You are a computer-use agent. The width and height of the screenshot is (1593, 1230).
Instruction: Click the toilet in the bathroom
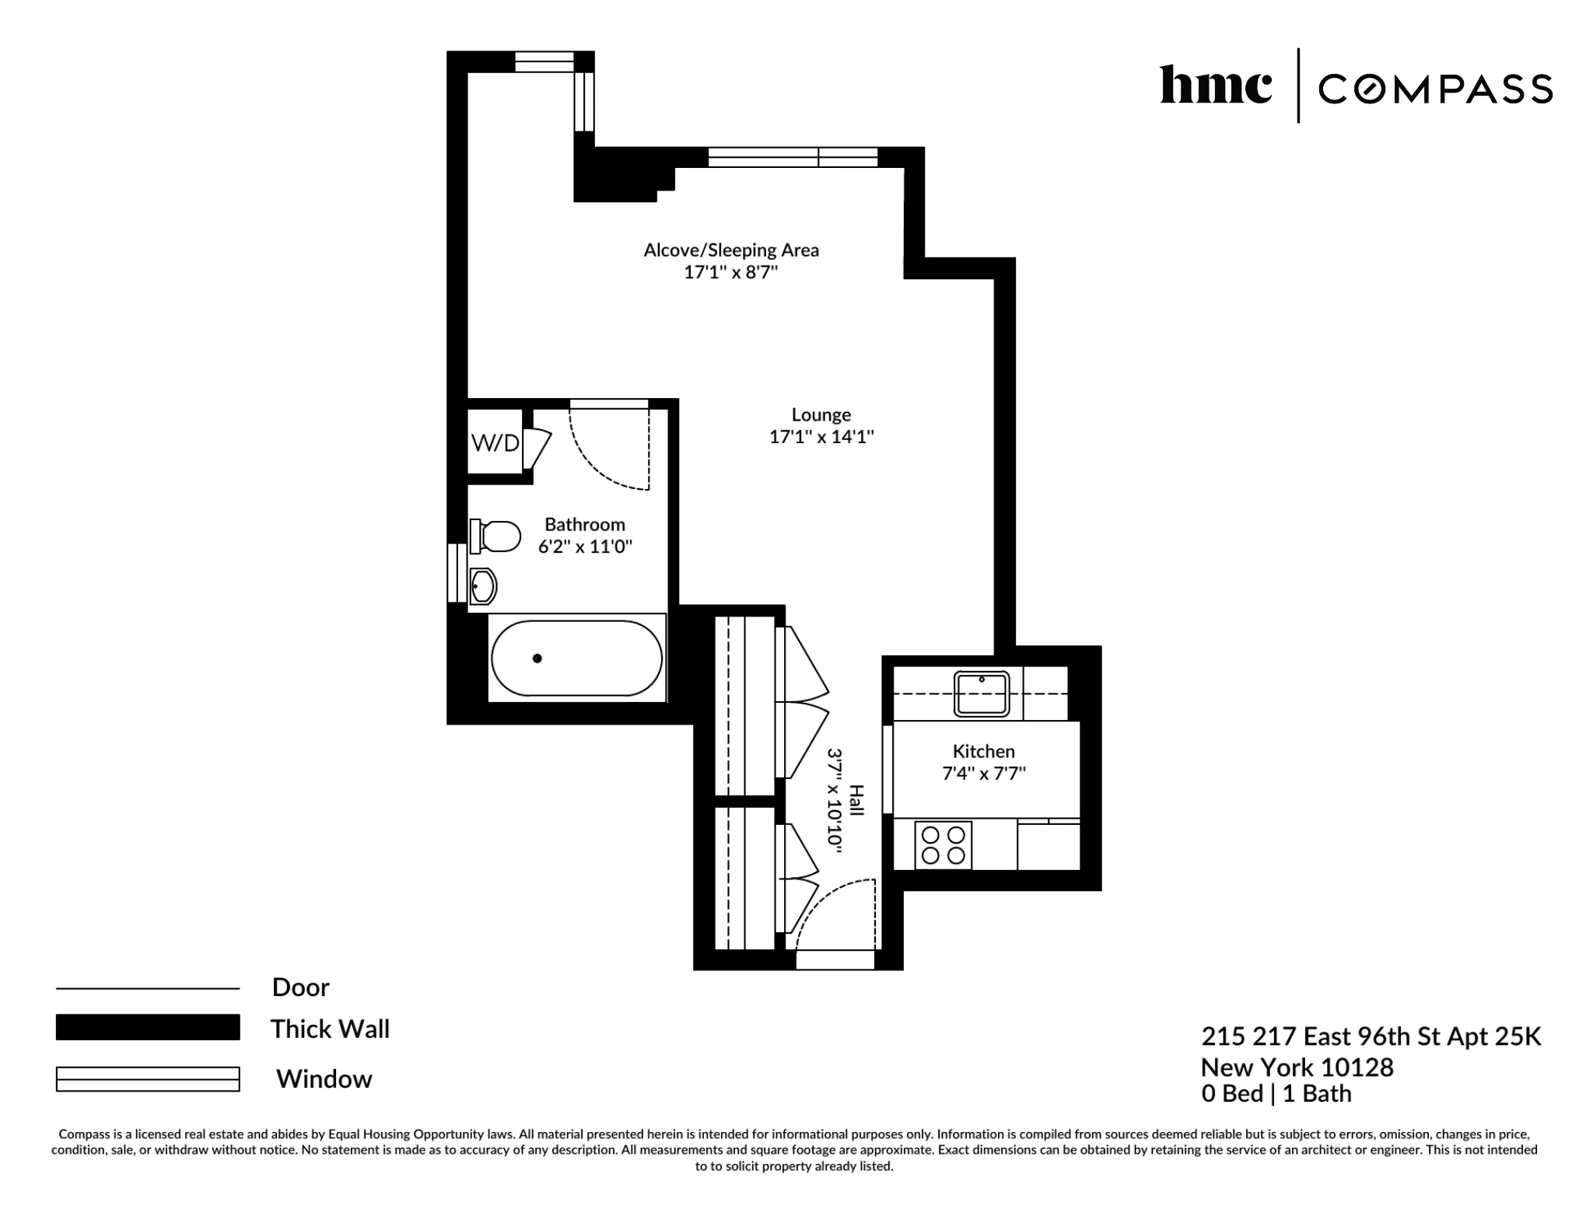[x=496, y=536]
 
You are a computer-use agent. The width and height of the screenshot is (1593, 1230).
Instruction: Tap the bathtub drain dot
[x=537, y=659]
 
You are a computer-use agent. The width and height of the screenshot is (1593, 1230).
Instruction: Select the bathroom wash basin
[x=483, y=586]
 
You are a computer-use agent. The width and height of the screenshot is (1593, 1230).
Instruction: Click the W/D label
[x=495, y=443]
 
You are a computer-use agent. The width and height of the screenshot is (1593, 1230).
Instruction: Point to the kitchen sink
[x=982, y=694]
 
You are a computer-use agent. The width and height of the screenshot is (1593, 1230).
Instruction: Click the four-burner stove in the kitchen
[x=943, y=845]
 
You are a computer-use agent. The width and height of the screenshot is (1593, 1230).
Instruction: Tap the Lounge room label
[x=821, y=415]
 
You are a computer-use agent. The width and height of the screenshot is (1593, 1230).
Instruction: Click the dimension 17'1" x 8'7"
[x=730, y=272]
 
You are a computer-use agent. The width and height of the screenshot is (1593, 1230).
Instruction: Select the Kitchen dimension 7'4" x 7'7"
[x=983, y=774]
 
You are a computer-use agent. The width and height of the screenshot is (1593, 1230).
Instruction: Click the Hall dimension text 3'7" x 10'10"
[x=835, y=801]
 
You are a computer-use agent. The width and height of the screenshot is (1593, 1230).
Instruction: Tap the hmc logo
[x=1216, y=86]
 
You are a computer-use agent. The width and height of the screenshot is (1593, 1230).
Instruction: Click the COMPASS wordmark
[x=1435, y=89]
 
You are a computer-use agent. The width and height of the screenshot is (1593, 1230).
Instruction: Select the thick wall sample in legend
[x=148, y=1027]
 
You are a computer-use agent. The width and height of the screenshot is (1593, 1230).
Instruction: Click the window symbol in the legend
[x=148, y=1079]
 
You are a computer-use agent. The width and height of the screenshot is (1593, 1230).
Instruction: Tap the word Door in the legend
[x=300, y=987]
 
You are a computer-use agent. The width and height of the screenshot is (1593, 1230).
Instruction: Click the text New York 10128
[x=1297, y=1067]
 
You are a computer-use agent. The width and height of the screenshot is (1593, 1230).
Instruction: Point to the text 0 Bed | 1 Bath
[x=1276, y=1093]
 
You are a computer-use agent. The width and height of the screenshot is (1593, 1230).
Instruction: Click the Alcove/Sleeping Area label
[x=730, y=250]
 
